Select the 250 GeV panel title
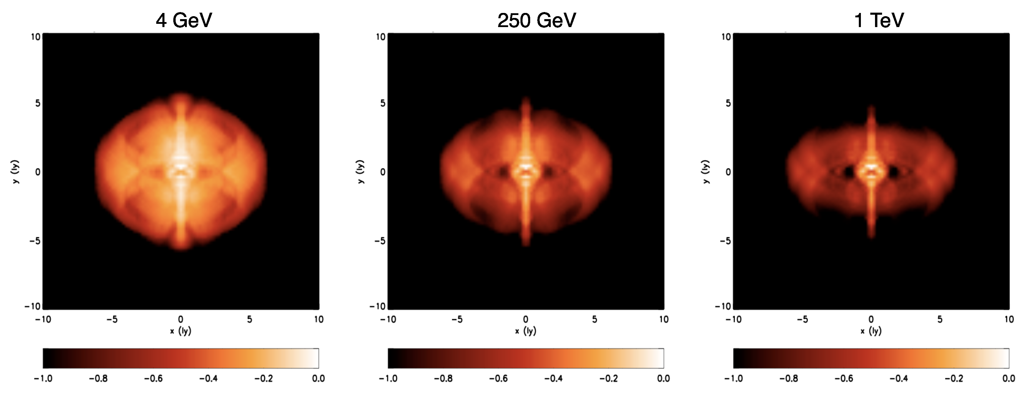coord(537,20)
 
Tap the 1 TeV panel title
coord(879,20)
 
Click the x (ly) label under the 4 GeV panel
coord(180,331)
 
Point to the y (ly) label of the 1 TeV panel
coord(706,172)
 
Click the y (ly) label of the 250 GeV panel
coord(361,172)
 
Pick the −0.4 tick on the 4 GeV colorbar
coord(208,378)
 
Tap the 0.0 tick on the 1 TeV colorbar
coord(1008,378)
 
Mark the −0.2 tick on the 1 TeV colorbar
coord(953,378)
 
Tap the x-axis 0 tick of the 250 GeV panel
coord(526,320)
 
